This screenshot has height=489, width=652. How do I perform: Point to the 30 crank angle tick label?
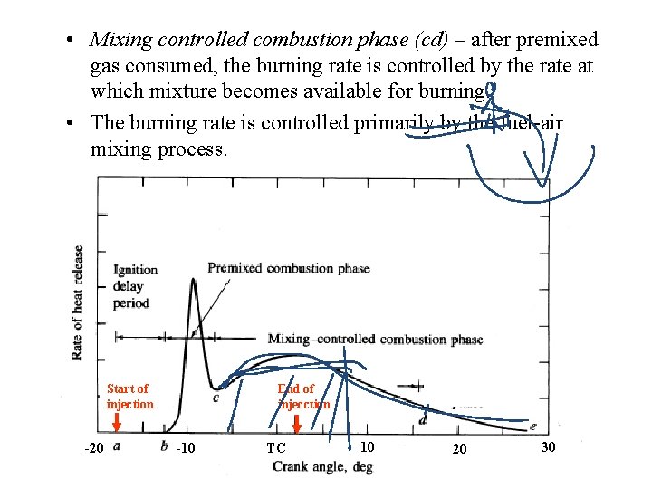pyautogui.click(x=549, y=447)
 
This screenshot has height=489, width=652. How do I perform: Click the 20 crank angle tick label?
pyautogui.click(x=459, y=449)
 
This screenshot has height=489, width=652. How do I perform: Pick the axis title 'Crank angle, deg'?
pyautogui.click(x=322, y=467)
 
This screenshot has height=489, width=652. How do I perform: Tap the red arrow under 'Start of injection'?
pyautogui.click(x=117, y=423)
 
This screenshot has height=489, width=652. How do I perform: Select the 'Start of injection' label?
pyautogui.click(x=129, y=397)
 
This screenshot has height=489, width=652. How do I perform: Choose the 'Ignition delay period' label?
pyautogui.click(x=135, y=286)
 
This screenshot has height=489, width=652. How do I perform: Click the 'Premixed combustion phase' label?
pyautogui.click(x=288, y=268)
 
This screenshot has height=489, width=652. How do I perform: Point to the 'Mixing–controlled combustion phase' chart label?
pyautogui.click(x=375, y=340)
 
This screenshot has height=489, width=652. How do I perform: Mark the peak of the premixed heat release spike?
pyautogui.click(x=194, y=279)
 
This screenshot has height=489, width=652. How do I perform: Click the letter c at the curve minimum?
pyautogui.click(x=216, y=397)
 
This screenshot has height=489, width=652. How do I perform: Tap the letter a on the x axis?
pyautogui.click(x=118, y=445)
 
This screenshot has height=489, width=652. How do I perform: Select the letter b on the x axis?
pyautogui.click(x=164, y=445)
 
